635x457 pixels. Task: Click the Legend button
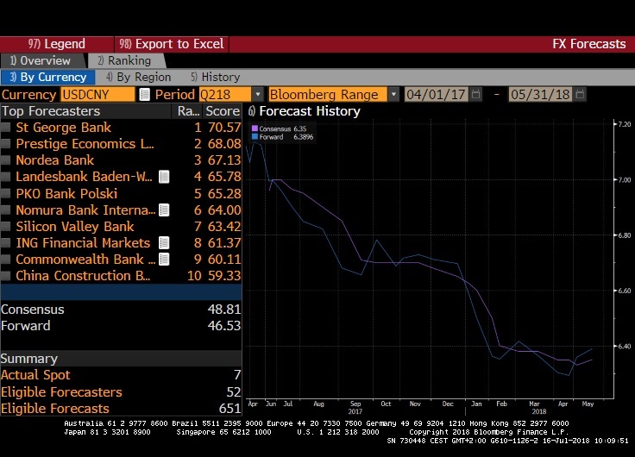coord(57,44)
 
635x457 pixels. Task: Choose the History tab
coord(215,78)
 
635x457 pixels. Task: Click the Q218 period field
coord(225,94)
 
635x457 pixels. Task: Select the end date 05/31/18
coord(540,94)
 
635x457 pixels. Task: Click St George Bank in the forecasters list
coord(64,128)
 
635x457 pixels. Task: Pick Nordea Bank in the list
coord(55,160)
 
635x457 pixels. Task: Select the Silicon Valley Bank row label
coord(75,227)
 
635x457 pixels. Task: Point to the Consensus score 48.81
coord(223,310)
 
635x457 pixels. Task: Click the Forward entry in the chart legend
coord(273,136)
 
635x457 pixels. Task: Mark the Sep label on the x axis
coord(356,404)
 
